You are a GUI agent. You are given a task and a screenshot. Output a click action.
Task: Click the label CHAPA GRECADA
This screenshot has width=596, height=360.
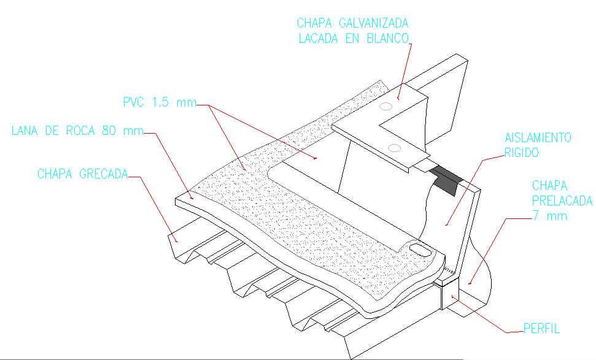(82, 174)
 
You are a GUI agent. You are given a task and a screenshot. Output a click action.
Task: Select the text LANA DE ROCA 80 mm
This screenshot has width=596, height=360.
(77, 131)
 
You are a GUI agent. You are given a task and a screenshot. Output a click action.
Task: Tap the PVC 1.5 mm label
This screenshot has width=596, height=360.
(158, 102)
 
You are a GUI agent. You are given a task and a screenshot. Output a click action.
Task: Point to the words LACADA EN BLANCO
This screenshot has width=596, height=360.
(353, 38)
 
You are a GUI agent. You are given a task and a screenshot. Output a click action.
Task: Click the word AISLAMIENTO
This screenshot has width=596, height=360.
(538, 138)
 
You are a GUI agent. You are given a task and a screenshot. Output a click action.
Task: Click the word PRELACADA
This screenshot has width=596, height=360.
(562, 201)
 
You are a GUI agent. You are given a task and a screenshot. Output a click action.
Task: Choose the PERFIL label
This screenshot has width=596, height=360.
(541, 329)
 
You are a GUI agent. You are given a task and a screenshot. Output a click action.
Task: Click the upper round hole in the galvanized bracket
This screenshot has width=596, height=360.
(386, 106)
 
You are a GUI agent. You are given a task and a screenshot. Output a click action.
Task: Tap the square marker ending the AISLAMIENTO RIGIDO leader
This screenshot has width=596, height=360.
(446, 224)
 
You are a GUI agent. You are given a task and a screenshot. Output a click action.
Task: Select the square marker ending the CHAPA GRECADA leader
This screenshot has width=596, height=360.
(177, 241)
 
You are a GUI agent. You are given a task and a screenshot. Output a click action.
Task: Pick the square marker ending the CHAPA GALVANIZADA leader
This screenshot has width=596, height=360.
(398, 95)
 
